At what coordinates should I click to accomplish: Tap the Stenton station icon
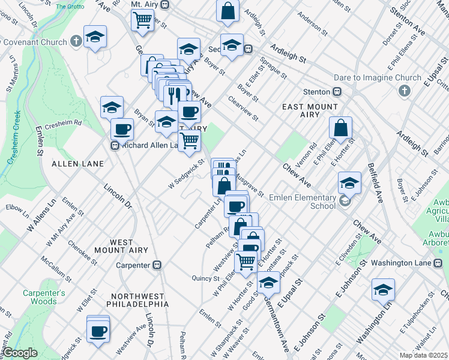pyautogui.click(x=337, y=92)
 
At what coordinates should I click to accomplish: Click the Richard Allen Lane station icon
pyautogui.click(x=115, y=145)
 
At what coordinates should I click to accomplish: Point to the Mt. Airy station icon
pyautogui.click(x=164, y=4)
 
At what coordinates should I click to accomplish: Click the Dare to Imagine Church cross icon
pyautogui.click(x=405, y=91)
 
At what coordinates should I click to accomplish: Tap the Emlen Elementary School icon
pyautogui.click(x=345, y=202)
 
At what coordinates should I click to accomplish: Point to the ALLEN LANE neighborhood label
pyautogui.click(x=77, y=163)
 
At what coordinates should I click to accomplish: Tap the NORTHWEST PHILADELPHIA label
pyautogui.click(x=136, y=300)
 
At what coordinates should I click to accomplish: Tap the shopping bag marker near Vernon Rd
pyautogui.click(x=340, y=128)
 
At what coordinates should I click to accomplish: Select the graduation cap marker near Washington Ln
pyautogui.click(x=382, y=290)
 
